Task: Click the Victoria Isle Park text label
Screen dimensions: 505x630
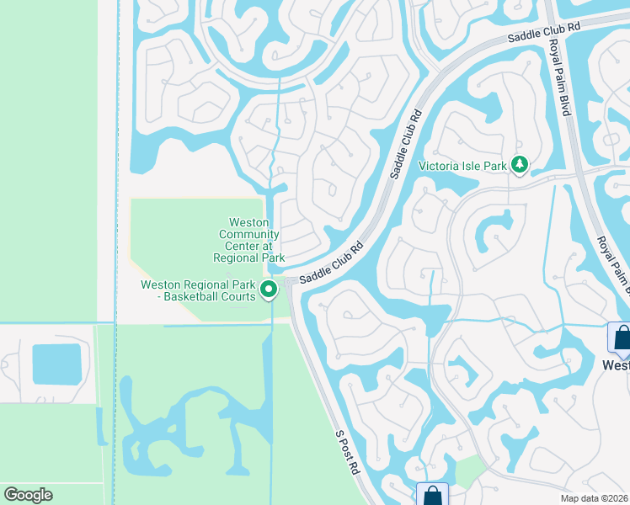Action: [462, 166]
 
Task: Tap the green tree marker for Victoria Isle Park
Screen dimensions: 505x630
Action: [520, 165]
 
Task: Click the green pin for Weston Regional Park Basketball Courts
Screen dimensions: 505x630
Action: [269, 290]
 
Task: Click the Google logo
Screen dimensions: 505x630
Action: [29, 495]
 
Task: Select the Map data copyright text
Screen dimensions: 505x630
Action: [594, 498]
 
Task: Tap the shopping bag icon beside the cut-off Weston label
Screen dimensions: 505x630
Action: [621, 338]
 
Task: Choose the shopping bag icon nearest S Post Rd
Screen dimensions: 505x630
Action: [433, 495]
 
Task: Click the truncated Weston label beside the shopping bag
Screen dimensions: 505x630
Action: [616, 365]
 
